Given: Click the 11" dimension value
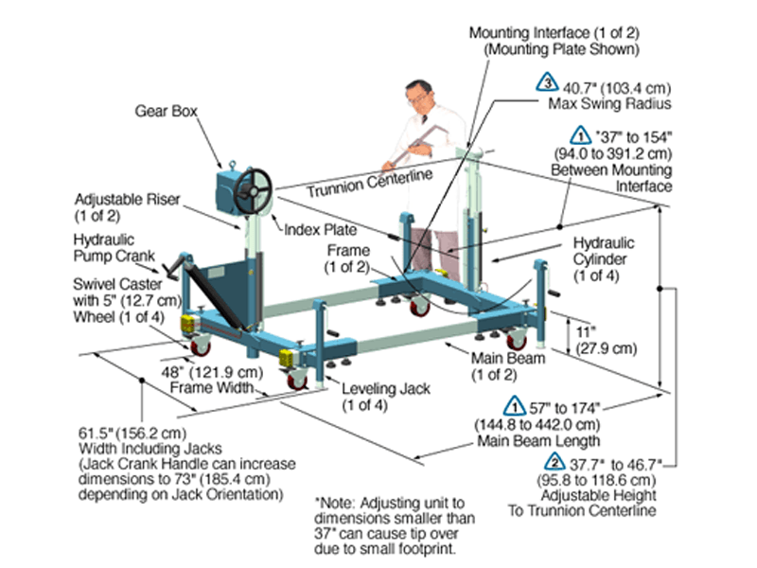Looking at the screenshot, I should pyautogui.click(x=587, y=333).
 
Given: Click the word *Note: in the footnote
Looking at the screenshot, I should pyautogui.click(x=335, y=496).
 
